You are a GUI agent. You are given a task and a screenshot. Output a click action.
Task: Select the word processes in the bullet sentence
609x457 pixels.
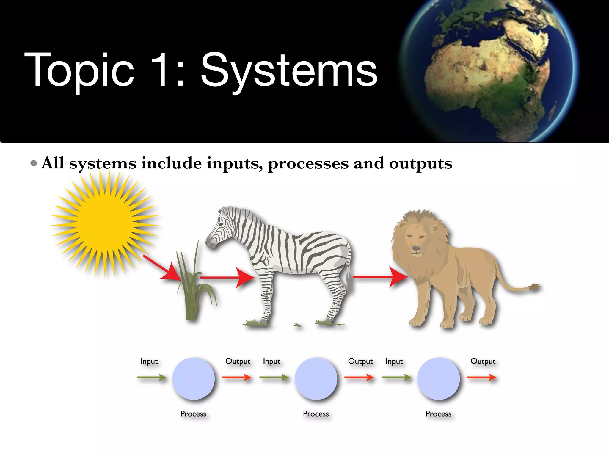(308, 164)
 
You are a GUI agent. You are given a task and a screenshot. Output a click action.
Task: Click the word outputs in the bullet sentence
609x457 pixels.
(420, 164)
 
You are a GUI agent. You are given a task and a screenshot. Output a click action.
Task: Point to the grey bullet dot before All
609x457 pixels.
(34, 163)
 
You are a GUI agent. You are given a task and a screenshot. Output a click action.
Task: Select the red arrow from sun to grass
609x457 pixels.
(162, 268)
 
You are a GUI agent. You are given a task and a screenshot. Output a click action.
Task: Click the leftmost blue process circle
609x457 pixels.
(193, 378)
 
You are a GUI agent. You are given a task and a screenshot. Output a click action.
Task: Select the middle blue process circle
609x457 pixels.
(316, 378)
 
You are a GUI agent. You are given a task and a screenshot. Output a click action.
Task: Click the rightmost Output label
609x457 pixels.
(483, 361)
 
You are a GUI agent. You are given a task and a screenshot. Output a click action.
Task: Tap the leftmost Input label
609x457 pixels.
(149, 361)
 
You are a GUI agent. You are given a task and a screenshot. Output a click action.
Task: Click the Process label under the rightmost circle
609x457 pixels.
(438, 414)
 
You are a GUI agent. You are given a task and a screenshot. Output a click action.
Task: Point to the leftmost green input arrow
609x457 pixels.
(151, 378)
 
